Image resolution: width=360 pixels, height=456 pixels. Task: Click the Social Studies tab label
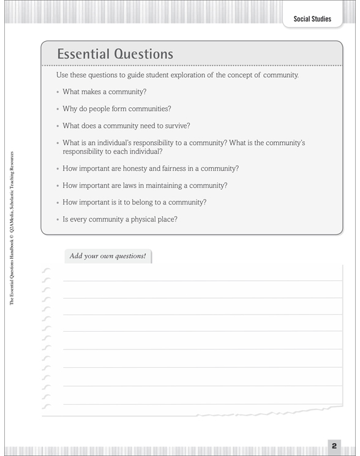pos(312,19)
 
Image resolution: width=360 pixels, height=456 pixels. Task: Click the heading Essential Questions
pos(115,54)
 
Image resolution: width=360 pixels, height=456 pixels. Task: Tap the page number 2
pos(334,446)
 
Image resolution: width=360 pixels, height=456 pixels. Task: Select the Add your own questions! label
pos(108,256)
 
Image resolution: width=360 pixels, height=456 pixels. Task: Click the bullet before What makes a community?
pos(58,92)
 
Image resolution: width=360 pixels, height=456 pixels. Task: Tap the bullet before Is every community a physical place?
pos(58,219)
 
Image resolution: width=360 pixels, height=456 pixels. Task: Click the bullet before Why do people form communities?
pos(58,109)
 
